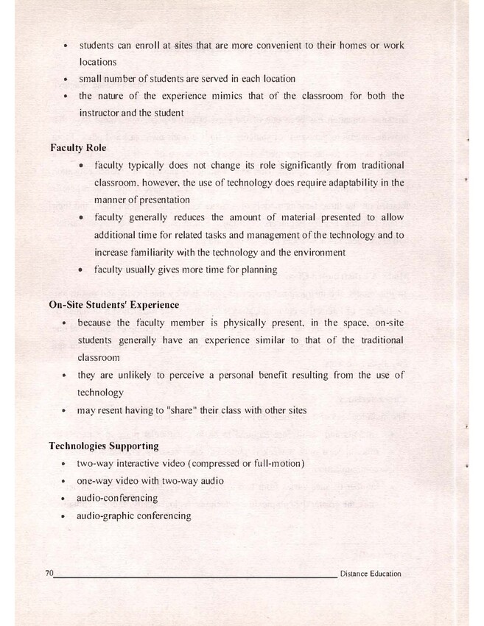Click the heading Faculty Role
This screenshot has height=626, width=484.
tap(78, 147)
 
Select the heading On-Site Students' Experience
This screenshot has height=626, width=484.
tap(113, 304)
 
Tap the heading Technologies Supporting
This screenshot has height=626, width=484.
tap(103, 446)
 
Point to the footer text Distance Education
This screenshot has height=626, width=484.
tap(371, 574)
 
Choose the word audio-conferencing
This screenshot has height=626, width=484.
tap(117, 498)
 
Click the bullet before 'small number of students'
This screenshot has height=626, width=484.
tap(66, 80)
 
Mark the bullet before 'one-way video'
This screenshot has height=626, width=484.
tap(66, 482)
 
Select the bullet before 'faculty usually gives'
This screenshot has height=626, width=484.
tap(82, 270)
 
